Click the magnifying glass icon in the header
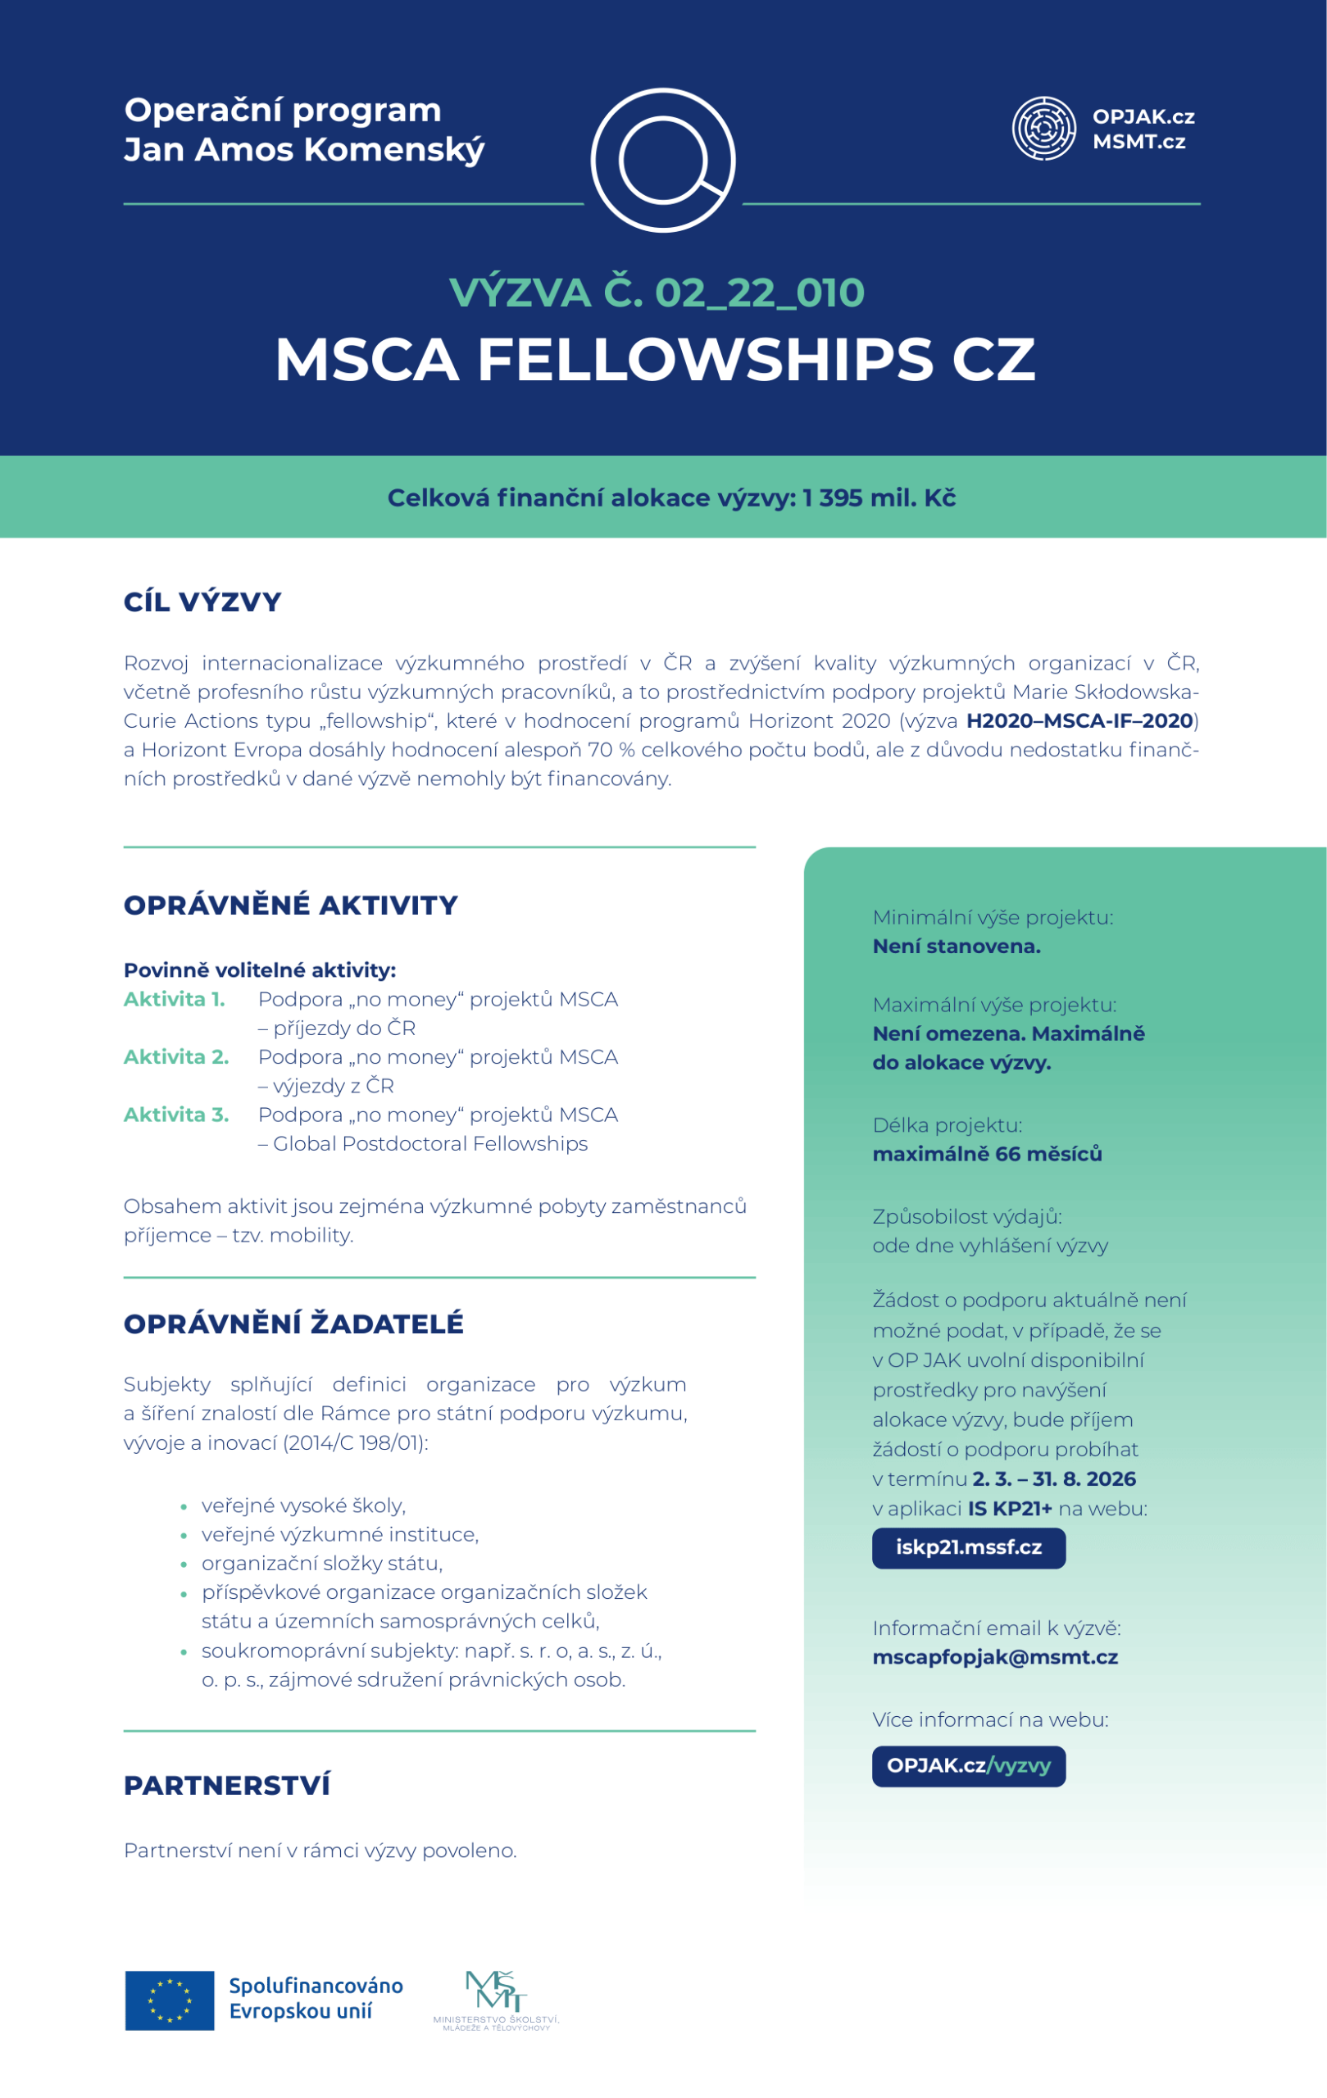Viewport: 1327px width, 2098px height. pyautogui.click(x=663, y=161)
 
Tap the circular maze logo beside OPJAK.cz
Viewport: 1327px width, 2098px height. pyautogui.click(x=1043, y=129)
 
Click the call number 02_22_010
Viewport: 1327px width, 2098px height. pyautogui.click(x=759, y=293)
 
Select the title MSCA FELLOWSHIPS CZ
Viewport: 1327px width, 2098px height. pyautogui.click(x=655, y=359)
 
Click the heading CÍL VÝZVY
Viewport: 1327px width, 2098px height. pyautogui.click(x=202, y=602)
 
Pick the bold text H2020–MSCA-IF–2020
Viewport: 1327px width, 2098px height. pyautogui.click(x=1079, y=720)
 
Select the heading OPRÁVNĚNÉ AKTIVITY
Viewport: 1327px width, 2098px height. pyautogui.click(x=290, y=906)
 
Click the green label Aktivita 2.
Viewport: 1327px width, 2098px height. pyautogui.click(x=176, y=1057)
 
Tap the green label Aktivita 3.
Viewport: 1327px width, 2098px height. pyautogui.click(x=176, y=1115)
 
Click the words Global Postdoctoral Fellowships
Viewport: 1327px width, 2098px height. pyautogui.click(x=430, y=1143)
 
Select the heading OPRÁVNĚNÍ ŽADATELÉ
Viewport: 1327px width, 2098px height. pyautogui.click(x=293, y=1324)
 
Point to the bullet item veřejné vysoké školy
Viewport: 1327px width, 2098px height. pyautogui.click(x=303, y=1505)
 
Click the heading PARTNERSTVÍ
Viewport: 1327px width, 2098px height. pyautogui.click(x=226, y=1785)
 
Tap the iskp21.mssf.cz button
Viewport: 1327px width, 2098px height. pyautogui.click(x=968, y=1547)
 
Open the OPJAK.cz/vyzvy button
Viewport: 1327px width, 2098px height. pyautogui.click(x=968, y=1766)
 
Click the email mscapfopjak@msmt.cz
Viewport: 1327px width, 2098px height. pyautogui.click(x=994, y=1657)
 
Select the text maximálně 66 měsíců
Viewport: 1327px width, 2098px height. pyautogui.click(x=986, y=1154)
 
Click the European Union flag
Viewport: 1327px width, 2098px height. pyautogui.click(x=169, y=2000)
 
